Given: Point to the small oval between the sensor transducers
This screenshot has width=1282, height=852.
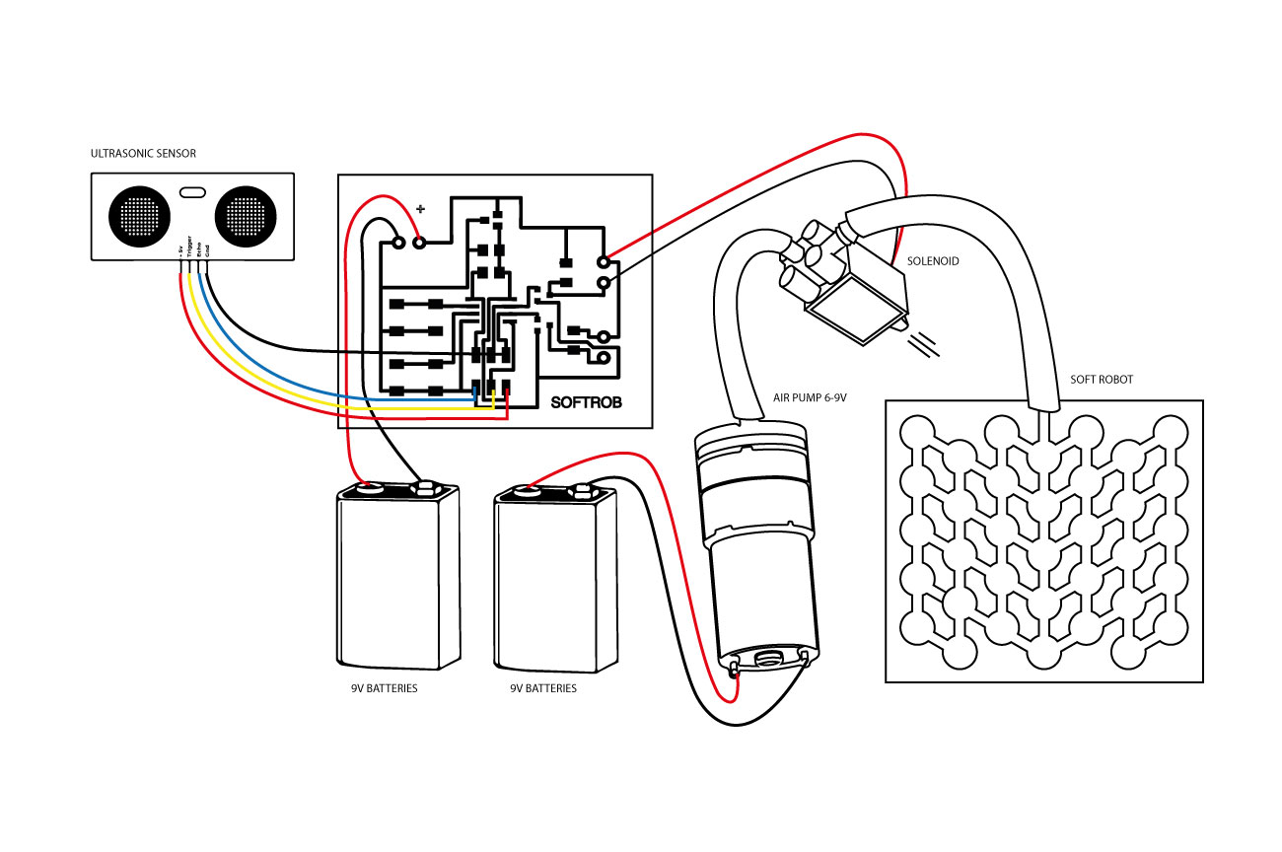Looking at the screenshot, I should click(191, 191).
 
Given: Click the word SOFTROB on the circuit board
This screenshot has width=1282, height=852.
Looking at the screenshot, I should click(586, 402).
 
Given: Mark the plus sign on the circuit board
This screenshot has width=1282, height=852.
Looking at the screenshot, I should click(421, 209).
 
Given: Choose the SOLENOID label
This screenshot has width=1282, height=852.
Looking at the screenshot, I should click(933, 261).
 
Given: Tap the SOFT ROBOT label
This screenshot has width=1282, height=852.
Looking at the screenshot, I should click(1102, 380).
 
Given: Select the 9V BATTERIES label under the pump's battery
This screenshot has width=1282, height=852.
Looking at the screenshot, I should click(543, 687).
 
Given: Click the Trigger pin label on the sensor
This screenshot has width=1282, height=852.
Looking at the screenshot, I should click(189, 253).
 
